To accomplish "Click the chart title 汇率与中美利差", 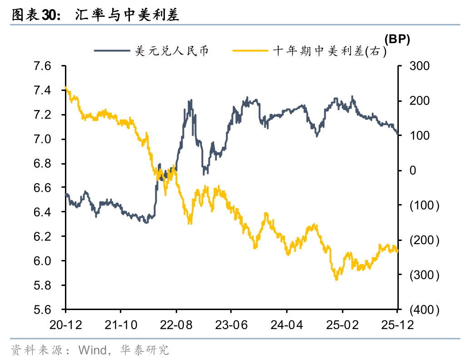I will coord(127,15).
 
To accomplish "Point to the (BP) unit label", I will coord(397,40).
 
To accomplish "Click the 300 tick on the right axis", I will coord(419,66).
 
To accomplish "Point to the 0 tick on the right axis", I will coord(413,170).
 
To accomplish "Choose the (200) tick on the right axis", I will coord(424,240).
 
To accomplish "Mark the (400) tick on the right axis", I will coord(424,310).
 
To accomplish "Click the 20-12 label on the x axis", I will coord(65,326).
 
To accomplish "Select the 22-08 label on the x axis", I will coord(176,326).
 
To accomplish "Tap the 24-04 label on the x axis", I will coord(287,326).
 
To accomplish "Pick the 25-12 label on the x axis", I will coord(397,326).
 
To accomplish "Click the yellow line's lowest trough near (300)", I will coord(336,279).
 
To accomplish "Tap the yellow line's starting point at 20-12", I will coord(66,88).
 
